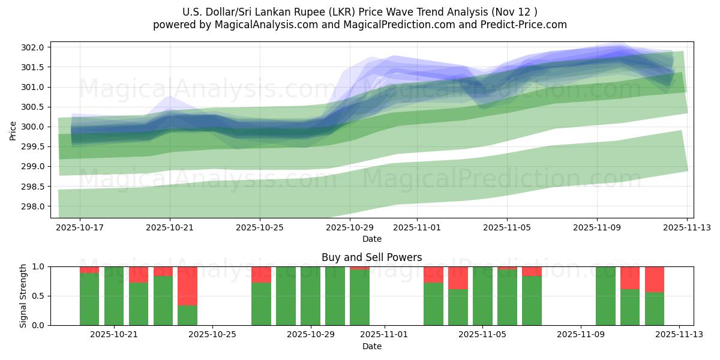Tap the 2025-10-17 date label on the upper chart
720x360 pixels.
tap(80, 227)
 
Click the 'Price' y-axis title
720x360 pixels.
tap(14, 130)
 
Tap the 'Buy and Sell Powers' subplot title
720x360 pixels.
tap(371, 257)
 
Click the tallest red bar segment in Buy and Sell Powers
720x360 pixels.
tap(188, 286)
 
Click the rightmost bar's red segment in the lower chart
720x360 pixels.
tap(655, 279)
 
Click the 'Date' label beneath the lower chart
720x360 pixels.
tap(371, 346)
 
